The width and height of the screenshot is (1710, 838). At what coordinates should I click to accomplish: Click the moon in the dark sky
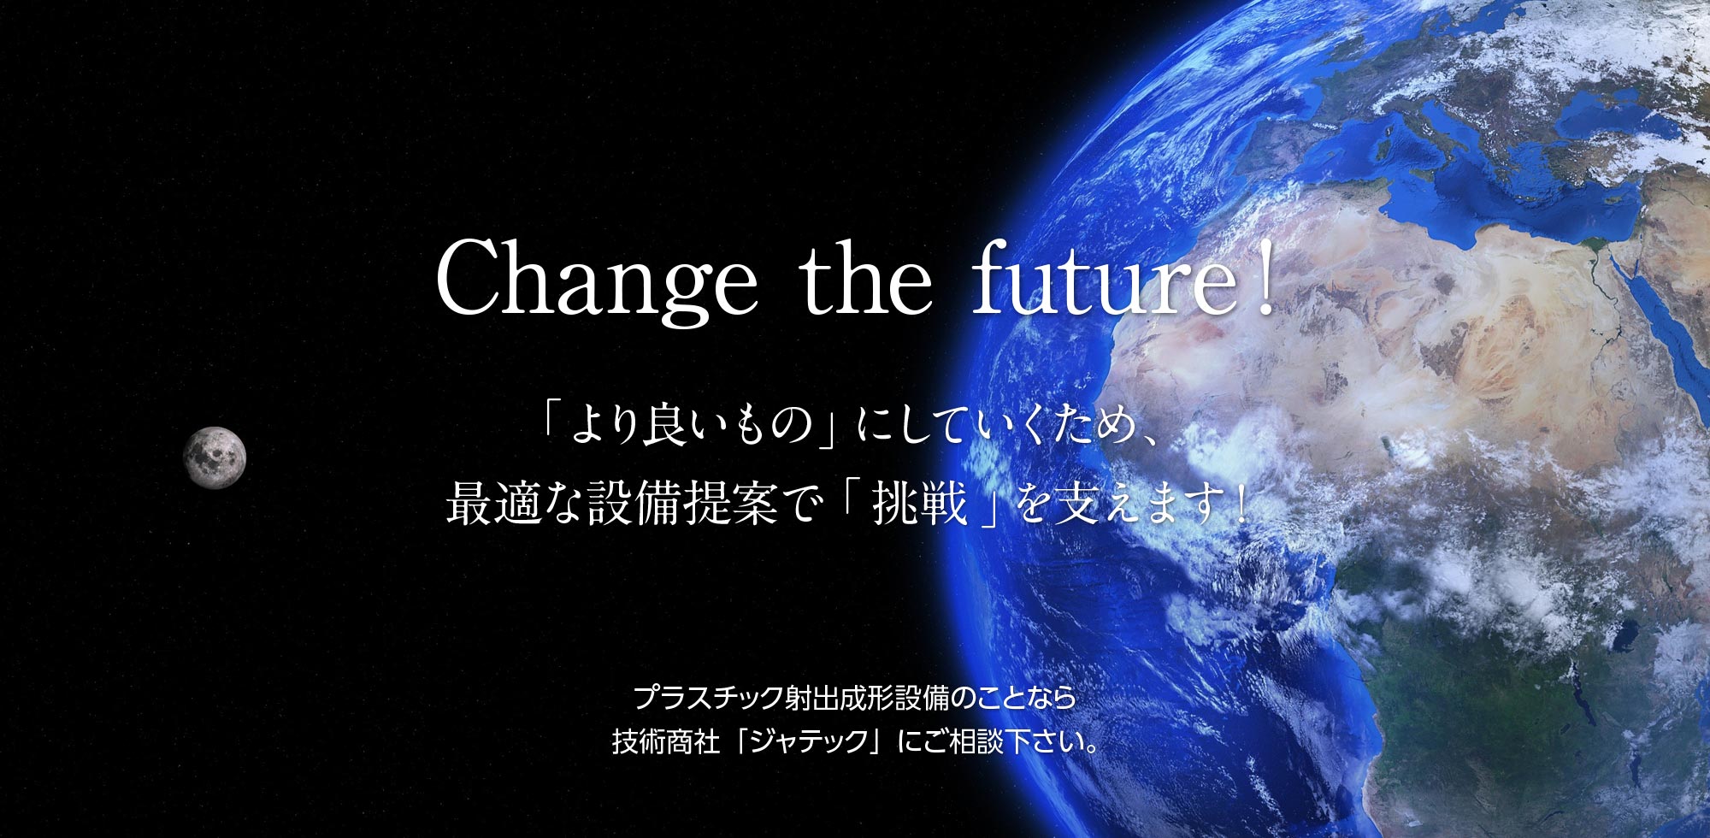(x=215, y=457)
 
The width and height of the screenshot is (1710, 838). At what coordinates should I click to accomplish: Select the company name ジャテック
(x=809, y=741)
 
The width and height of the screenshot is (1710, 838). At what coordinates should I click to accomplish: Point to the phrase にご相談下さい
(x=996, y=741)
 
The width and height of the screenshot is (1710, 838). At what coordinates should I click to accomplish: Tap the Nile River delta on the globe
(x=1592, y=245)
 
